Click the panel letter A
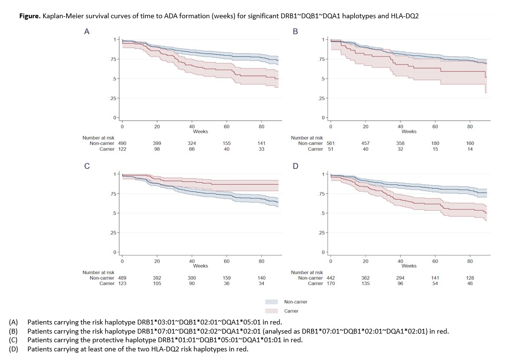(x=87, y=32)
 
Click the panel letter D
(x=295, y=166)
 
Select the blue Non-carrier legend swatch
(x=271, y=302)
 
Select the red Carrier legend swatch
(x=271, y=311)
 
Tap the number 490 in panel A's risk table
(x=122, y=143)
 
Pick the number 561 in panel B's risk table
(x=330, y=143)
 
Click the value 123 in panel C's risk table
(x=122, y=283)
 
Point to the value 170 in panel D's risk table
(x=330, y=283)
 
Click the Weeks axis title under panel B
(x=409, y=132)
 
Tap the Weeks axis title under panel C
(x=200, y=266)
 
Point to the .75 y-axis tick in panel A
(x=113, y=60)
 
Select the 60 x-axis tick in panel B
(x=435, y=127)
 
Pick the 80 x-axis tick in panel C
(x=261, y=262)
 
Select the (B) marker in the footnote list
(x=13, y=331)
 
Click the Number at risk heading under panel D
(x=306, y=272)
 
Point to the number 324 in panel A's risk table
(x=192, y=143)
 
